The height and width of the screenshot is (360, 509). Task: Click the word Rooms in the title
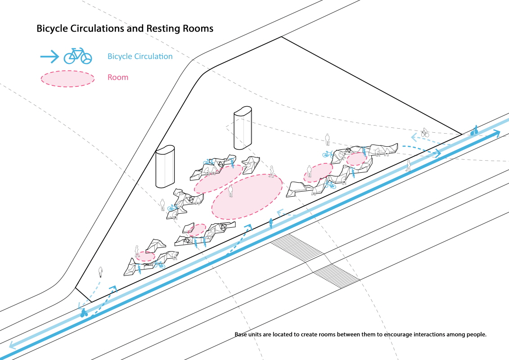198,28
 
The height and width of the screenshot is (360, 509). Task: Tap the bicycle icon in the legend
78,56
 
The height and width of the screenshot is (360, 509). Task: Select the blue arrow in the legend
50,57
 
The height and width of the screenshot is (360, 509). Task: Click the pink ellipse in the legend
68,79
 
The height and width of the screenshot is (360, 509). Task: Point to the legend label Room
118,77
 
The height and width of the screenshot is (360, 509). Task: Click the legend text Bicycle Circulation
140,57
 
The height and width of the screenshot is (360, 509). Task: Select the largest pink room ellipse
247,197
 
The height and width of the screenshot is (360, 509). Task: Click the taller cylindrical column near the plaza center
243,128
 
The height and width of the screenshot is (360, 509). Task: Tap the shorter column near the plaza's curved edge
165,166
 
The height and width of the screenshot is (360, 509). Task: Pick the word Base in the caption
241,334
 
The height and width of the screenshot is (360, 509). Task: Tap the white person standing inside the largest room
230,191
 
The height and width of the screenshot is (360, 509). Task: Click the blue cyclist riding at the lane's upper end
474,130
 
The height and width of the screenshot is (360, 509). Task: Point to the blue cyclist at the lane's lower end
84,313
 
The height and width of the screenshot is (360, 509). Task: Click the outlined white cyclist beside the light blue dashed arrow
424,132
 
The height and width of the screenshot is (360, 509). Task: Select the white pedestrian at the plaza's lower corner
101,272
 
